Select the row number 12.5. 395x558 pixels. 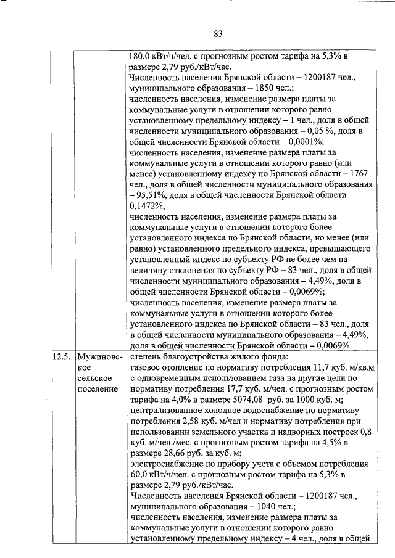coord(61,357)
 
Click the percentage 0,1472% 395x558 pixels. coord(144,207)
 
